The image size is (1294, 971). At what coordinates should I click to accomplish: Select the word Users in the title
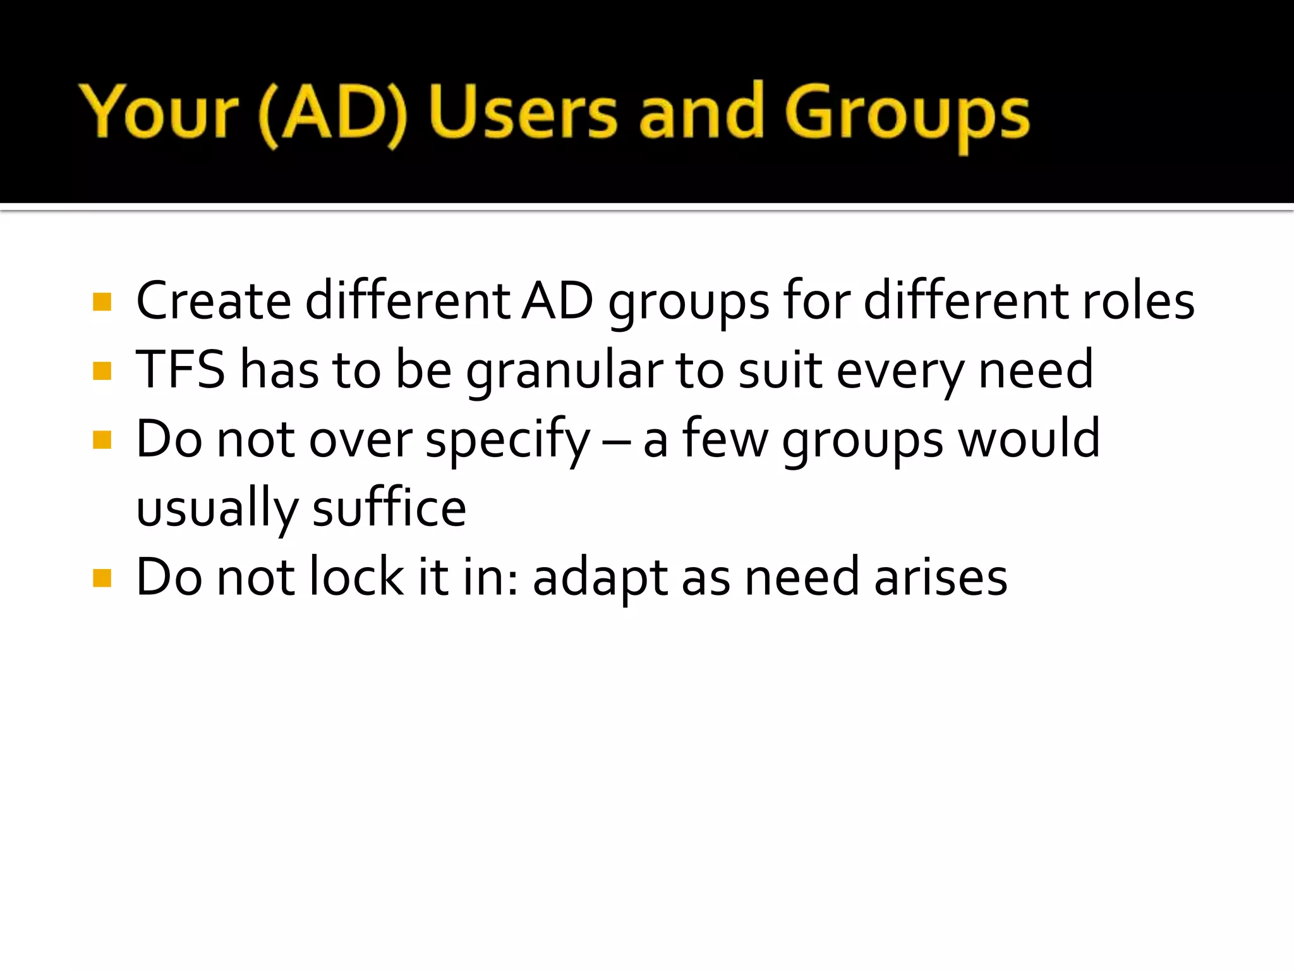pyautogui.click(x=523, y=113)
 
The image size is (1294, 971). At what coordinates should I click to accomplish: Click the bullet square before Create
pyautogui.click(x=102, y=302)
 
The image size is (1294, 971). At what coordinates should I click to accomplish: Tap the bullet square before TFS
pyautogui.click(x=102, y=370)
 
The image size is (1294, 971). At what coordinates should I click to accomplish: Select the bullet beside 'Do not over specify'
pyautogui.click(x=102, y=439)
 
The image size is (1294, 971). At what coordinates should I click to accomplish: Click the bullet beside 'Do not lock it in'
pyautogui.click(x=102, y=578)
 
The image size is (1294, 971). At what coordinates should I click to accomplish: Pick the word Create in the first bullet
pyautogui.click(x=214, y=301)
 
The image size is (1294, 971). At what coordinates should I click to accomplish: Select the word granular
pyautogui.click(x=564, y=372)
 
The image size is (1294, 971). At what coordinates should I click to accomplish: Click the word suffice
pyautogui.click(x=389, y=508)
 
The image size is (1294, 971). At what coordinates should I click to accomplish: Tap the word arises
pyautogui.click(x=941, y=578)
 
